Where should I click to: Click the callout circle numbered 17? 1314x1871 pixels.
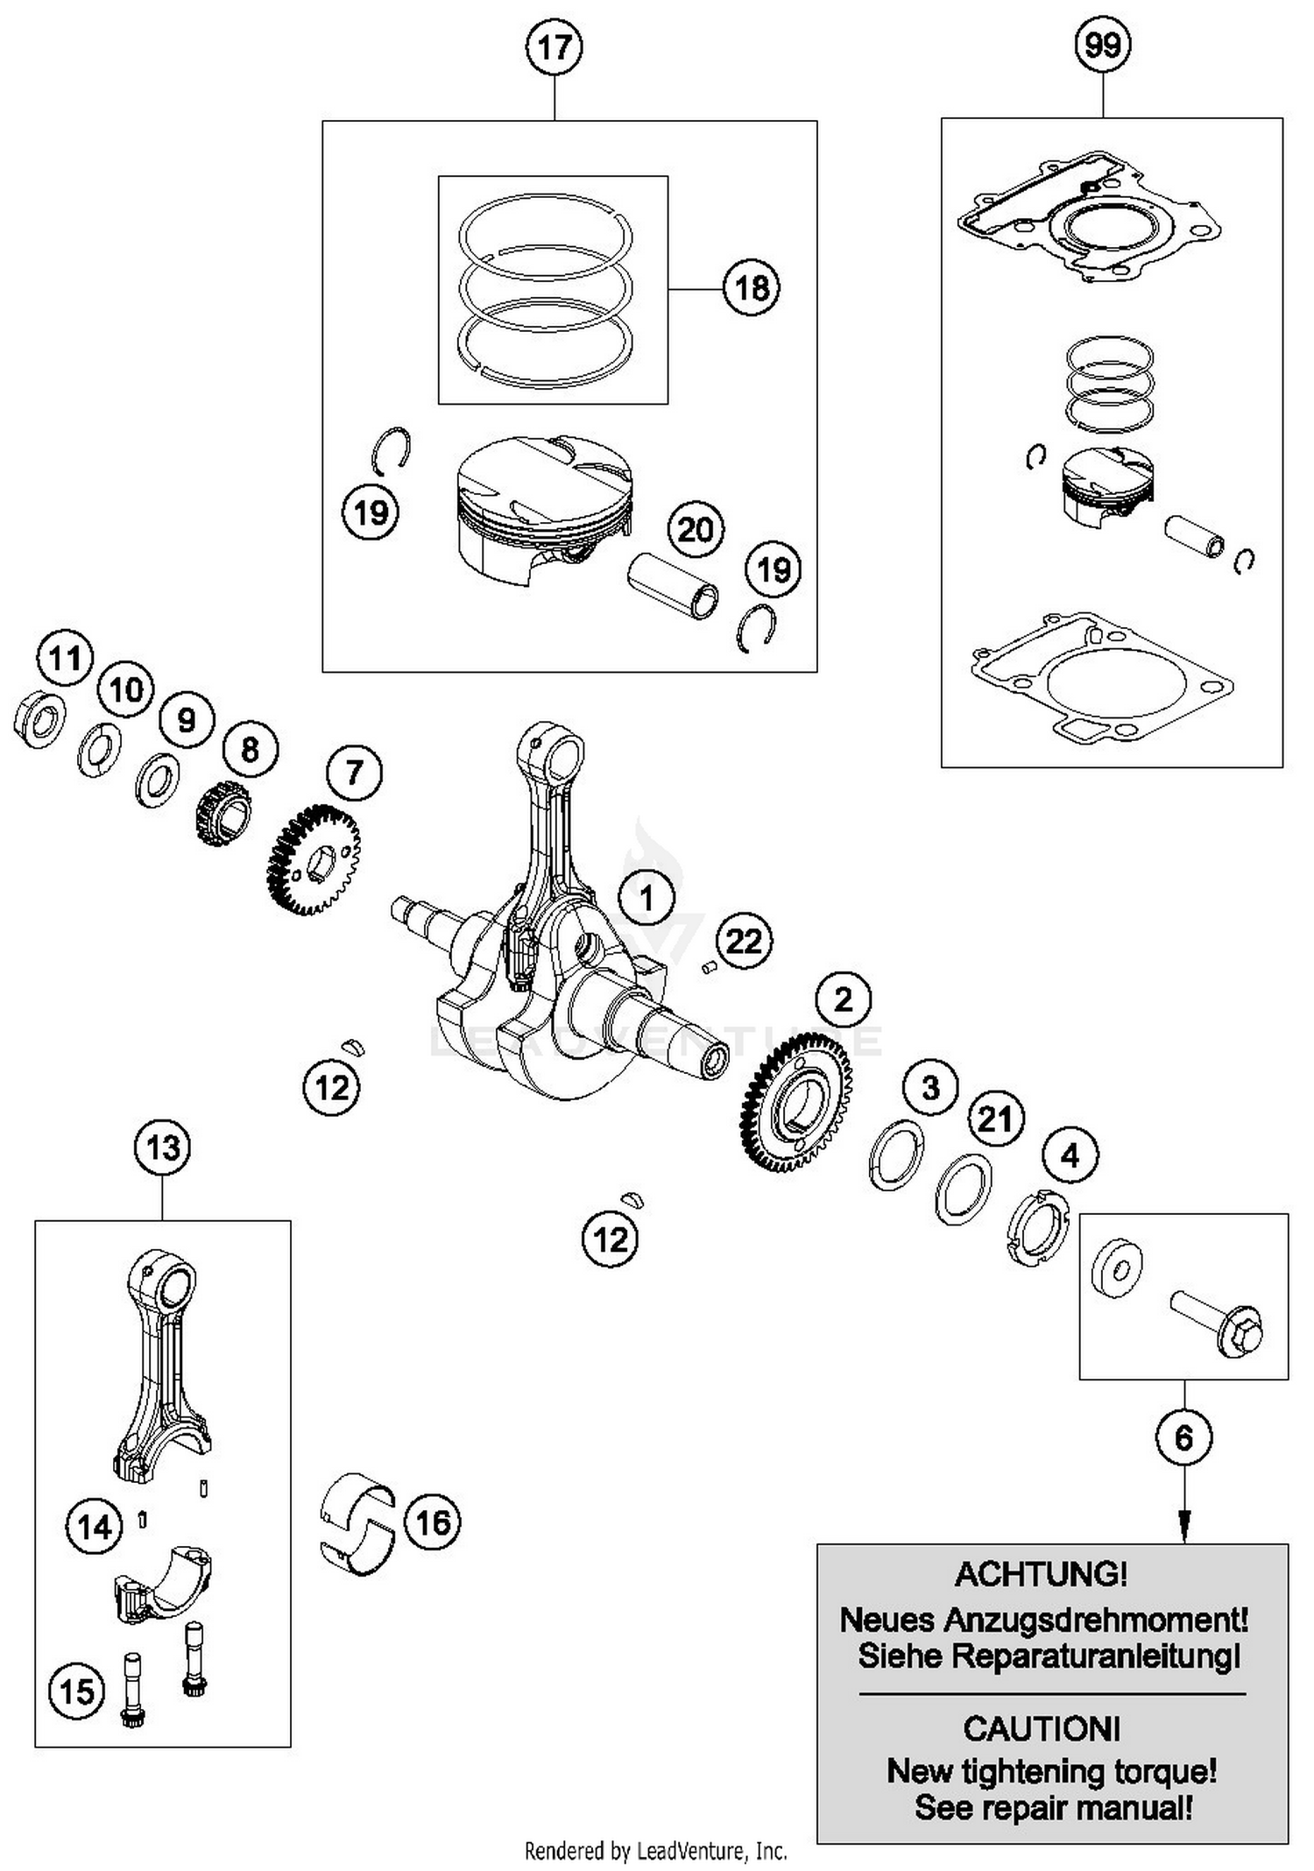click(x=555, y=47)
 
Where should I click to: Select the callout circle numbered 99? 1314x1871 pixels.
click(x=1103, y=44)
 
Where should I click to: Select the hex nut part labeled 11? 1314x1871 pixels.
click(x=39, y=719)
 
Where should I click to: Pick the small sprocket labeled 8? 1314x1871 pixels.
click(x=222, y=813)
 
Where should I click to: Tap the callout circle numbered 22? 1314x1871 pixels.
click(x=745, y=942)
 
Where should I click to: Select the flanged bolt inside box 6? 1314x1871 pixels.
click(x=1218, y=1324)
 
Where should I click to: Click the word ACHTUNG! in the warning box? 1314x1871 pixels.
click(x=1041, y=1575)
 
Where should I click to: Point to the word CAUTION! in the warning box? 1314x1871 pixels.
click(x=1042, y=1729)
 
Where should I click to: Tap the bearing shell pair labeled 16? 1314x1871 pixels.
click(x=357, y=1523)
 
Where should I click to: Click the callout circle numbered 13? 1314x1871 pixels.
click(x=163, y=1147)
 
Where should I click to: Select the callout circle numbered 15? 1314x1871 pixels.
click(x=76, y=1691)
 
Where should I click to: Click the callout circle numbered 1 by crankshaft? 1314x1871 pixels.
click(x=646, y=899)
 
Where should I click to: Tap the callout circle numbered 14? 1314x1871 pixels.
click(x=95, y=1527)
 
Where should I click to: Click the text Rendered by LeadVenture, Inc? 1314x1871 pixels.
click(x=655, y=1851)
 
